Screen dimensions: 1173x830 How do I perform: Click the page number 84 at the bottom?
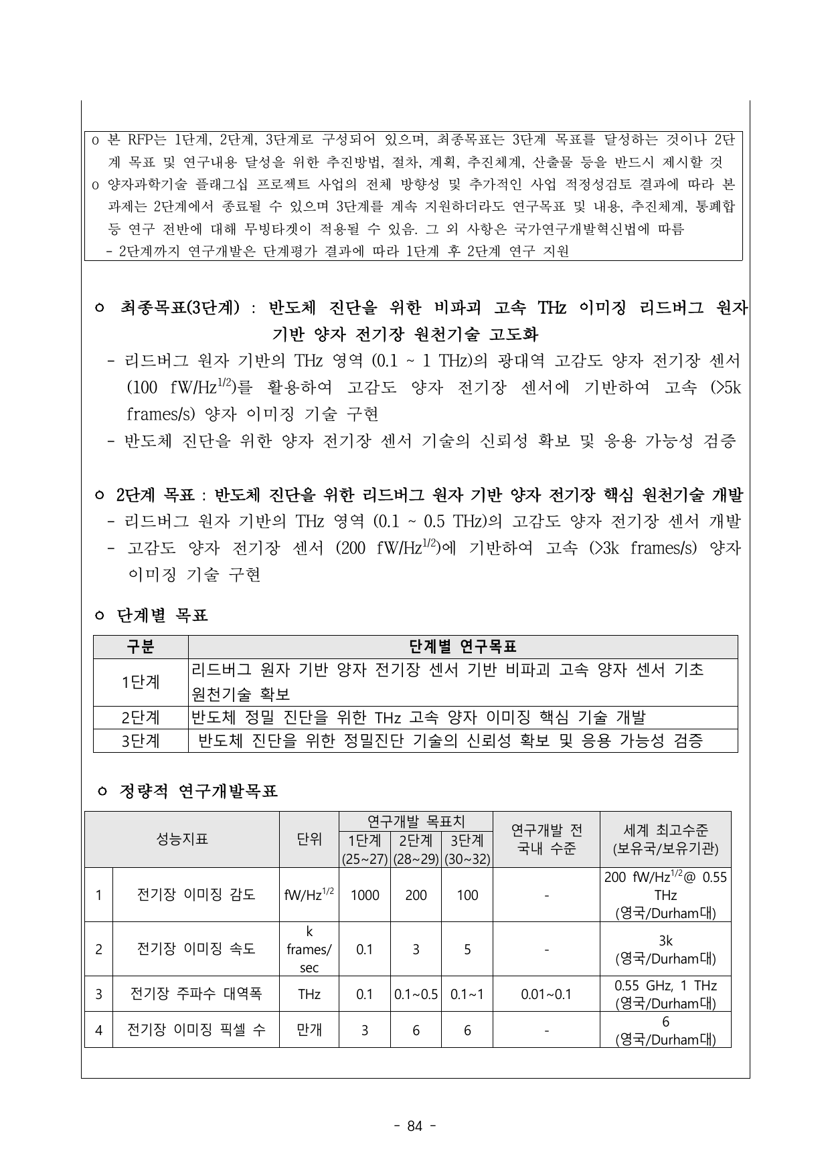(415, 1126)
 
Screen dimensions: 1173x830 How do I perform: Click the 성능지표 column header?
(182, 839)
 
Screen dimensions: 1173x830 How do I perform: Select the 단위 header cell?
(309, 839)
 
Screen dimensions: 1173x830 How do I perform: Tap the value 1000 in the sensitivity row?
(364, 895)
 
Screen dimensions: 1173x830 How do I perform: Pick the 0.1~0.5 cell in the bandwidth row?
(416, 994)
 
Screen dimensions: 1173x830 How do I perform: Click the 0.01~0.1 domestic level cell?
(546, 994)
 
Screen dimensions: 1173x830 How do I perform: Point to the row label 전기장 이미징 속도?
(196, 949)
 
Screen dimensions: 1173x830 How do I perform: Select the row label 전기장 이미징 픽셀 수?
(196, 1030)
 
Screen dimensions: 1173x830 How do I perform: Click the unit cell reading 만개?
(309, 1030)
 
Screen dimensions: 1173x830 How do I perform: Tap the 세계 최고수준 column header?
(665, 839)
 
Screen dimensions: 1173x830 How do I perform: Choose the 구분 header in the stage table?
(141, 647)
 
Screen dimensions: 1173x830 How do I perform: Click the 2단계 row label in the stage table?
(141, 717)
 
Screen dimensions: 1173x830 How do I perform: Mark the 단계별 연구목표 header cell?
(463, 647)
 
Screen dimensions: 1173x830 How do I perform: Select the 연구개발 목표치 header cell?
(416, 820)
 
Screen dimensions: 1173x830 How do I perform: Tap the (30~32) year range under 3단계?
(467, 859)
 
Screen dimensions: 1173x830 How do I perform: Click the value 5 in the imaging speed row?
(467, 949)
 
